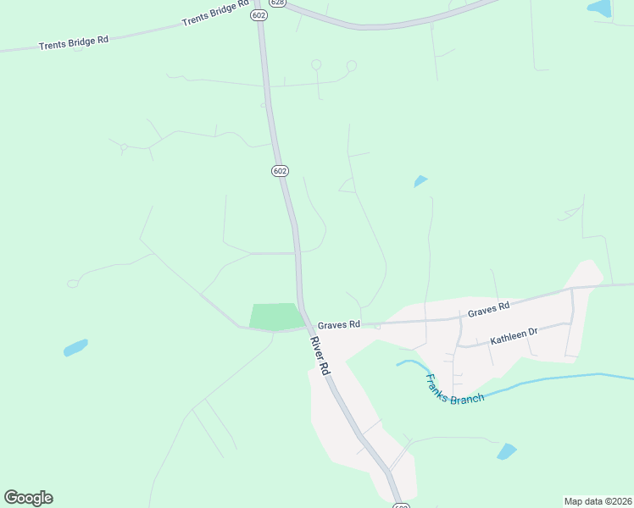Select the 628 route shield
tap(280, 3)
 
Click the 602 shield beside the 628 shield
tap(259, 14)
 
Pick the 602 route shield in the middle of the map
tap(281, 171)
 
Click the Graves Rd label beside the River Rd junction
tap(339, 324)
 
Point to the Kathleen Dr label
tap(514, 336)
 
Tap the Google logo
tap(28, 498)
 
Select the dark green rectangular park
tap(276, 317)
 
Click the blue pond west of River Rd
tap(75, 347)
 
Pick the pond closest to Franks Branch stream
tap(507, 451)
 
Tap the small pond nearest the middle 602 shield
tap(420, 180)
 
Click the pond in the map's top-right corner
tap(600, 8)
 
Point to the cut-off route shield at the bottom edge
tap(402, 505)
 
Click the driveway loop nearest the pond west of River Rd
tap(73, 283)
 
